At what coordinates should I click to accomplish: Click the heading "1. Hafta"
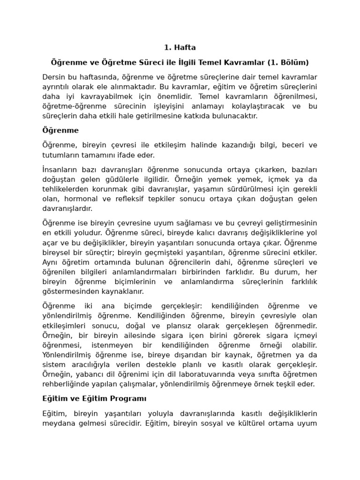[x=180, y=47]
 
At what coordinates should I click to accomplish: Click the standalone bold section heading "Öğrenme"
[x=60, y=130]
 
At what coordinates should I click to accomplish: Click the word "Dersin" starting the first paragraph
[x=53, y=77]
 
